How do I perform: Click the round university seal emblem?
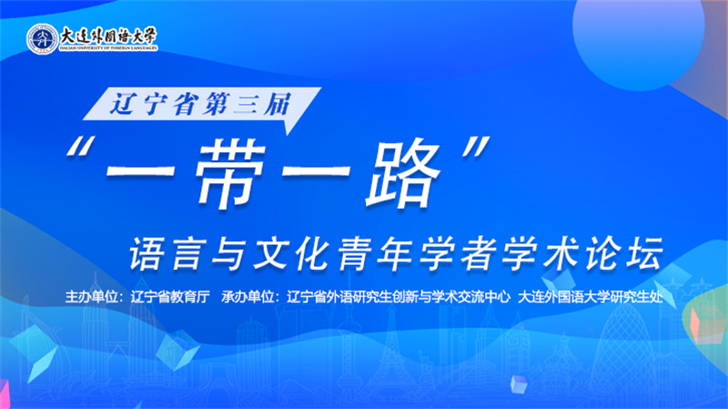pyautogui.click(x=42, y=37)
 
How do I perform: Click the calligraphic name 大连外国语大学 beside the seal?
pyautogui.click(x=107, y=34)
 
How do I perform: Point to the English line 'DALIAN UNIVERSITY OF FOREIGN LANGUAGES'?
pyautogui.click(x=107, y=48)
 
